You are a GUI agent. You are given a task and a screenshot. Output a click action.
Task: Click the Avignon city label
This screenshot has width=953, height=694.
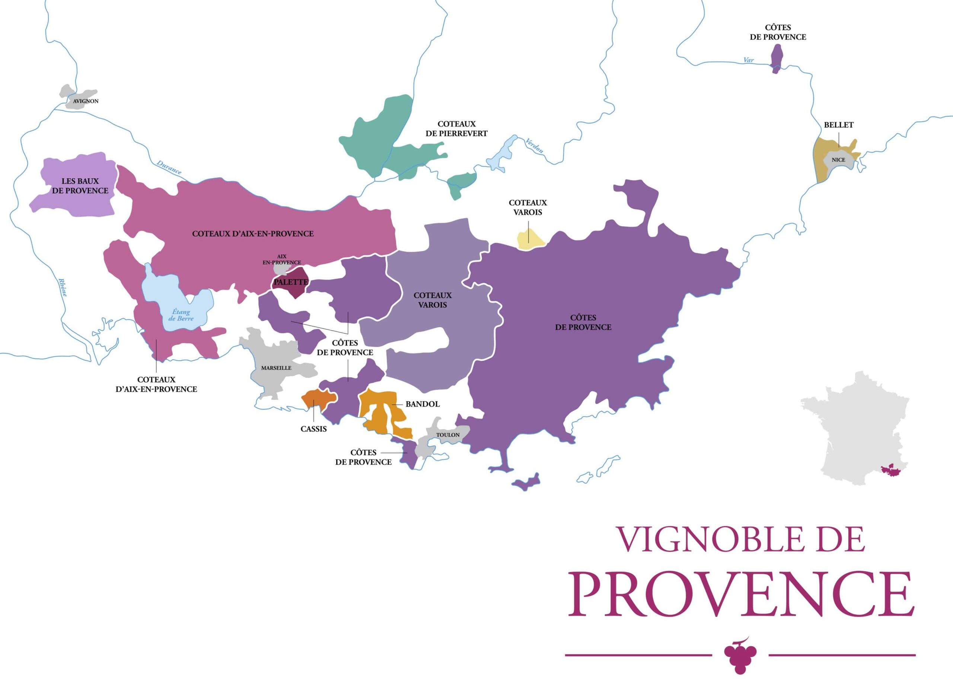86,101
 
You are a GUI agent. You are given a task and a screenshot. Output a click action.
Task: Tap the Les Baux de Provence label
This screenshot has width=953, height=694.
80,186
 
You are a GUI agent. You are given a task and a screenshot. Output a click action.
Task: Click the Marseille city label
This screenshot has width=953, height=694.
276,368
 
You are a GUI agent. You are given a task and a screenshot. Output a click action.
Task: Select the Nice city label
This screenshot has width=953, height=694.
838,160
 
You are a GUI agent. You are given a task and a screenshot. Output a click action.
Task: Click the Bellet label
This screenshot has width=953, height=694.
838,125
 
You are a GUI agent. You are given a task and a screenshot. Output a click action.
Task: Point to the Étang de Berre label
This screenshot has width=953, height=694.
181,315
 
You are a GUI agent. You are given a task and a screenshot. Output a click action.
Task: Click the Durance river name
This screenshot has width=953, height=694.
169,167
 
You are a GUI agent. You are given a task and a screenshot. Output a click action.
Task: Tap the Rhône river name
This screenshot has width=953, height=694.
63,287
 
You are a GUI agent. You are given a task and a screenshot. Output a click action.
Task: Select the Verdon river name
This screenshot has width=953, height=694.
534,145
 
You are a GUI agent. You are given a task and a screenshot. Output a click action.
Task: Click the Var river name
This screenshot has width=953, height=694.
748,60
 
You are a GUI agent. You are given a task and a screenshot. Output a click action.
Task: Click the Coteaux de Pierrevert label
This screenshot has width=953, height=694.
456,128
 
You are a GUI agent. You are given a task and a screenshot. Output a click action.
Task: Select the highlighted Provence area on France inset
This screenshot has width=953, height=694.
890,470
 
